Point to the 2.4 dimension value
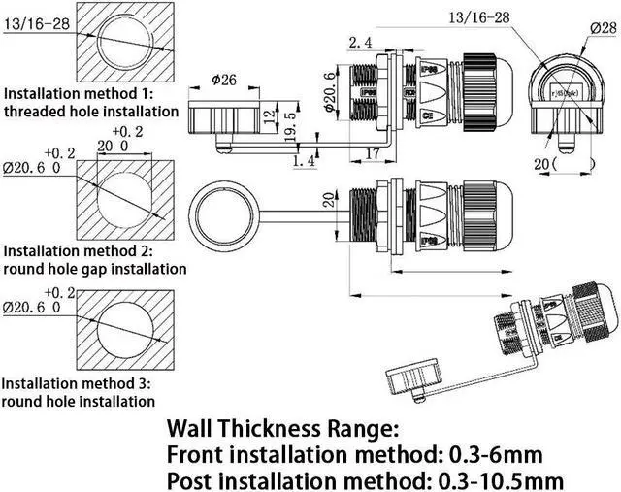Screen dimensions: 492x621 [x=359, y=43]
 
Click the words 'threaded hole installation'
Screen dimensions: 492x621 [x=91, y=112]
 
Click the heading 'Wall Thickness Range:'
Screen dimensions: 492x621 [x=283, y=427]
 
